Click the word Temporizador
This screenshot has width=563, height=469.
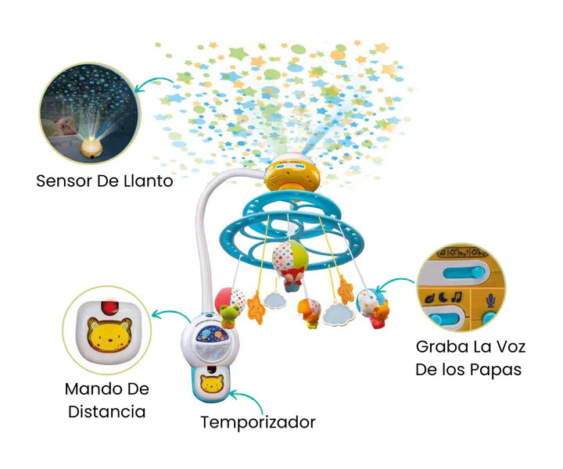[257, 423]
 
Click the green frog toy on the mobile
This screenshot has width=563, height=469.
[229, 314]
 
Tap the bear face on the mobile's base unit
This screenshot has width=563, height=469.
[210, 385]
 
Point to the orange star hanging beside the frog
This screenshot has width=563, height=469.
[254, 308]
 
